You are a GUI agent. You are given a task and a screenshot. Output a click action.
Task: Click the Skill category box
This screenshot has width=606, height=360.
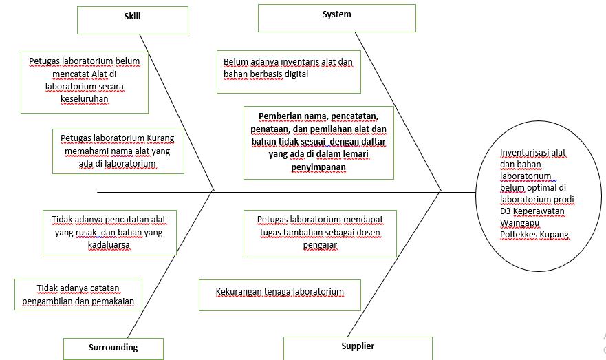click(x=132, y=19)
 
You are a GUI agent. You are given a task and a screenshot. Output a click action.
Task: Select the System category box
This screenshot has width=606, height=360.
click(x=336, y=17)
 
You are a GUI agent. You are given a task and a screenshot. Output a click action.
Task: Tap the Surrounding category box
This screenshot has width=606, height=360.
click(x=113, y=348)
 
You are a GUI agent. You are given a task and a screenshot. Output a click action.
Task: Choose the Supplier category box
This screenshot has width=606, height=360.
click(x=358, y=348)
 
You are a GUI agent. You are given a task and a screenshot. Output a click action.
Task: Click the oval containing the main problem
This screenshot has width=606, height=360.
click(x=536, y=193)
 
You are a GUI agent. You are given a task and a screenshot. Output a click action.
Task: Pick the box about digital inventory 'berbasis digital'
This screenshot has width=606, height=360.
click(x=288, y=71)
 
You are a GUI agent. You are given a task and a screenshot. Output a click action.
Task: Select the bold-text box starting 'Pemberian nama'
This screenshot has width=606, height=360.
click(x=318, y=142)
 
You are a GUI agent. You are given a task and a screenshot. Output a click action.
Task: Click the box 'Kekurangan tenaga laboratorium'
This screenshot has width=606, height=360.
click(x=280, y=294)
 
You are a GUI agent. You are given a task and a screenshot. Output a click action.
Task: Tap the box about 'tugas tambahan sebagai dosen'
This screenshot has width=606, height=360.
click(x=319, y=233)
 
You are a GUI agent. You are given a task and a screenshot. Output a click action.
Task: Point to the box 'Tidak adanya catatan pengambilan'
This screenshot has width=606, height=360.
click(x=78, y=295)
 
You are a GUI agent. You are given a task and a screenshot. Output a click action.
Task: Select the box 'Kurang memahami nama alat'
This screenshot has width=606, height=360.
click(x=117, y=151)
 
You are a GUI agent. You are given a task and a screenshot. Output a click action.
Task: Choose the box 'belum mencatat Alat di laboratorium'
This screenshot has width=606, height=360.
click(x=85, y=83)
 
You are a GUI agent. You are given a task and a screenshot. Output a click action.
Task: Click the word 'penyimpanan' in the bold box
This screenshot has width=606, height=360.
click(x=318, y=167)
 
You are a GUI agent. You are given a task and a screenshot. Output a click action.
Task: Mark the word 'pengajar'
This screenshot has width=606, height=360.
click(x=320, y=244)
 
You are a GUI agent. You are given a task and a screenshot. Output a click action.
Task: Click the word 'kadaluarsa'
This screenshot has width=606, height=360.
click(x=108, y=244)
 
